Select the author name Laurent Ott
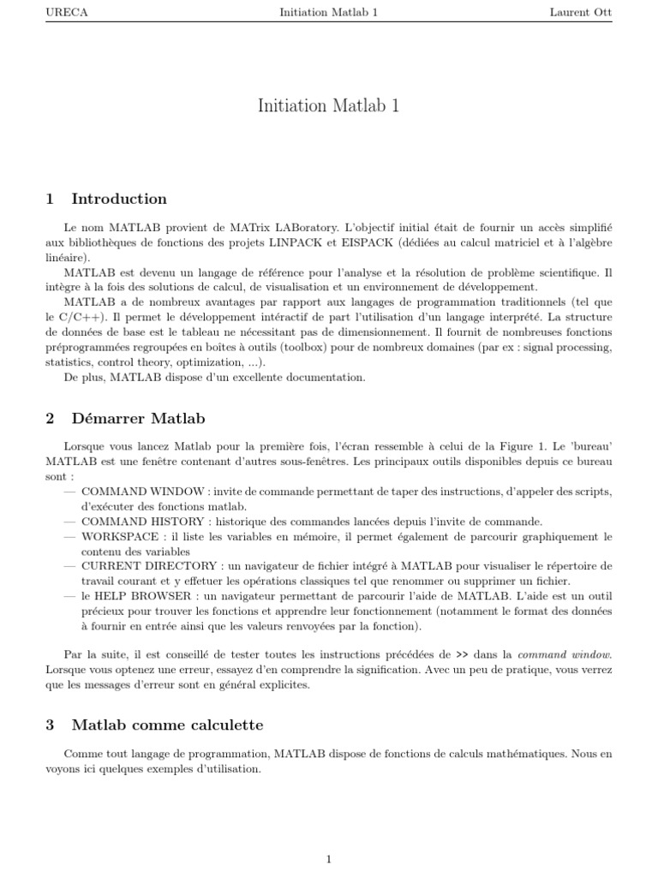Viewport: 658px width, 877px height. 582,13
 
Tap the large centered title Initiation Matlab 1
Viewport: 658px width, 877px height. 329,106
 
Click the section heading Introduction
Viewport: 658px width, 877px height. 119,199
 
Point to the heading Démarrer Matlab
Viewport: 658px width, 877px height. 138,419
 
